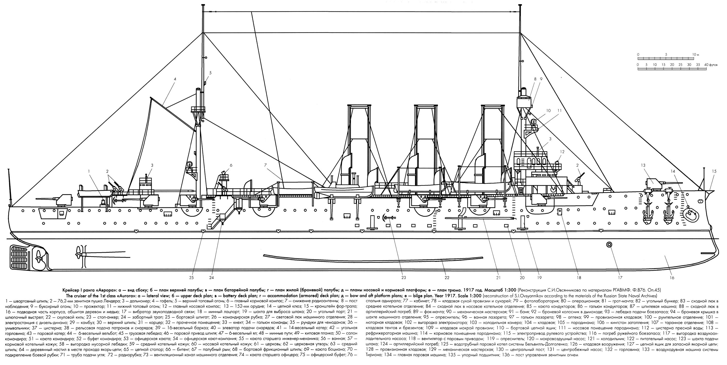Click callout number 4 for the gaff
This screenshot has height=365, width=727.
[175, 79]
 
